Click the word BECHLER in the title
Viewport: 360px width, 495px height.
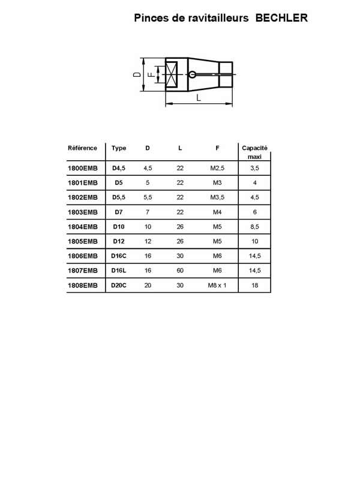pos(281,19)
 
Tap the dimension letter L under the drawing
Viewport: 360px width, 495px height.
pos(199,97)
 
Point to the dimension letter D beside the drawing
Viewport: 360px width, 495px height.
pos(137,74)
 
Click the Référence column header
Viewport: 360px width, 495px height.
pos(83,148)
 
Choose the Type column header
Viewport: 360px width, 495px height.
pos(119,148)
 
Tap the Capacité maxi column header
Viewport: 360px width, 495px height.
pos(254,152)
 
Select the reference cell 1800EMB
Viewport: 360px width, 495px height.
pos(83,169)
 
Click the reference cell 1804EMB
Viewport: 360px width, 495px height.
pos(83,227)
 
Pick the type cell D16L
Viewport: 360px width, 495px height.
pos(119,271)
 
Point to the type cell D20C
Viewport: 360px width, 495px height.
pos(119,286)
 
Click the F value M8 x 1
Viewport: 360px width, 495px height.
pos(217,286)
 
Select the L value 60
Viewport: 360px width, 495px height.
pos(180,271)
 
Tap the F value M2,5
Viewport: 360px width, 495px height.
pos(217,169)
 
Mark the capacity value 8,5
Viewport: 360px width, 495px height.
pos(255,227)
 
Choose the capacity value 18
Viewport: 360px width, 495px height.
pos(255,286)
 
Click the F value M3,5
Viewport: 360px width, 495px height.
pos(217,197)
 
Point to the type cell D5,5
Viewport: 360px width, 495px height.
pos(119,197)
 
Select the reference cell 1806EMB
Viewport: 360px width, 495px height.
pos(83,256)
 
